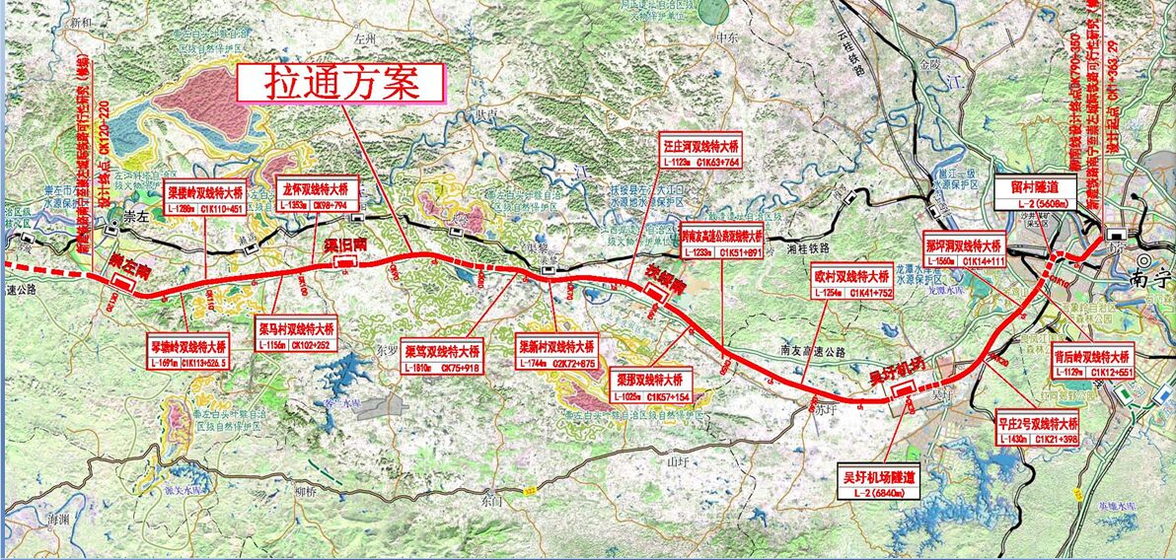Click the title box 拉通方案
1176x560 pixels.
(341, 83)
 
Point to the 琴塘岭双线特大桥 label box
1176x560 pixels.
(187, 354)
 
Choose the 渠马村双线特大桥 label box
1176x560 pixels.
(296, 336)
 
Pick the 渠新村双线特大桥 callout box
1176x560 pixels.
(556, 356)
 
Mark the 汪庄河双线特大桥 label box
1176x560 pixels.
(701, 154)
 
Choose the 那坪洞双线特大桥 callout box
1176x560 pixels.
(964, 252)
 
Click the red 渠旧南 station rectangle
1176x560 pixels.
(346, 261)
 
